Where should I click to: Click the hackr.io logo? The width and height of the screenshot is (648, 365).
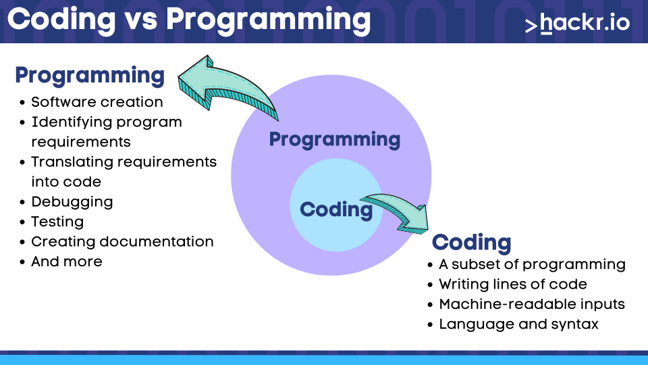(577, 23)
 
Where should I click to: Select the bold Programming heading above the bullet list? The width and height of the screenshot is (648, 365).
(90, 76)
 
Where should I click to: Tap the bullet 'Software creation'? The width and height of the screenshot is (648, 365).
(97, 102)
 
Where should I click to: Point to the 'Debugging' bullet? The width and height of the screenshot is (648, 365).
(72, 202)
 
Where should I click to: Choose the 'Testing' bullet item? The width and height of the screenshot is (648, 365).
(57, 222)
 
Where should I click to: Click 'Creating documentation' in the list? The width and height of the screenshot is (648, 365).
(122, 242)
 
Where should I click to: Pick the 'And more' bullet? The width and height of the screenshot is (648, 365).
(67, 262)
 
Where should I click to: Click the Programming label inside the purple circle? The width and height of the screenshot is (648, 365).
(335, 139)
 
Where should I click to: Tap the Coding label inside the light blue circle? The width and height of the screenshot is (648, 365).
(336, 210)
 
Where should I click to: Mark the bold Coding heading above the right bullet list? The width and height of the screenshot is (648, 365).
(472, 243)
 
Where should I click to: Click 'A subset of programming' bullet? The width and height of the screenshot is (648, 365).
(533, 264)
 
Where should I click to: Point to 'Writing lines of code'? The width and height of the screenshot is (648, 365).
(513, 285)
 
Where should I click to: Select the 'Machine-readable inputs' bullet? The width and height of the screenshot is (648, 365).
(532, 304)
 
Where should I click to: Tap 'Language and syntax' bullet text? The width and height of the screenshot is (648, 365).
(518, 324)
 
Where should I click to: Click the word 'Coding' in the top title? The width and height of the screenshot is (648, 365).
(61, 20)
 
